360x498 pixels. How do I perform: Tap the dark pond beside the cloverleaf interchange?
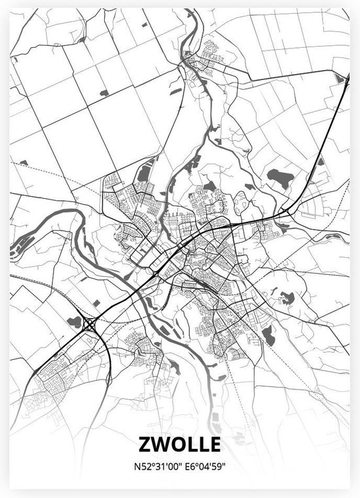pos(74,321)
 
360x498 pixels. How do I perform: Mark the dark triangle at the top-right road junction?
pos(339,79)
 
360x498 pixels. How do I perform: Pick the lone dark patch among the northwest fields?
pos(103,94)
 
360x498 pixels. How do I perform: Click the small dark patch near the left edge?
pos(24,162)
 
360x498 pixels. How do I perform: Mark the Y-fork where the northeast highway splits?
pos(286,211)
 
